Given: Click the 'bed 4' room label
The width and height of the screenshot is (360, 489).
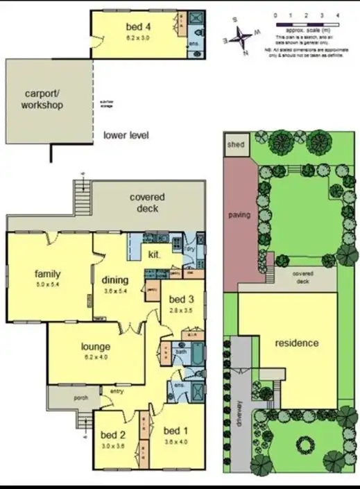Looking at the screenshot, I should coord(139,27).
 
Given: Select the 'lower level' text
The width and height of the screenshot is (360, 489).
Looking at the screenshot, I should coord(126,135).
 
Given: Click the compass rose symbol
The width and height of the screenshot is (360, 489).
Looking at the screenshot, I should coord(242,35).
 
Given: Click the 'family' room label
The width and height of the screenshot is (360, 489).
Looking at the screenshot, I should coord(47,274).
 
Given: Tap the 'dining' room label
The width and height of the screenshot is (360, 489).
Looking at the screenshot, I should coord(116,280).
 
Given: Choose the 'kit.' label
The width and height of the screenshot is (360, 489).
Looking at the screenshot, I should coord(155,255).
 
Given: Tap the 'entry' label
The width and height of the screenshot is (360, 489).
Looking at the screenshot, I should coord(117,391).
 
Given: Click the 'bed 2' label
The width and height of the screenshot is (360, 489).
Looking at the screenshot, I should coord(112,435).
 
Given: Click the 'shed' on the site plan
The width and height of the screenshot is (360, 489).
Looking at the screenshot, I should coord(232,146).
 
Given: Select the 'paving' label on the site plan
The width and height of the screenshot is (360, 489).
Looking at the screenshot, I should coord(239,214).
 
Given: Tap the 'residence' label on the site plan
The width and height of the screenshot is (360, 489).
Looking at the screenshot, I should coord(296,343).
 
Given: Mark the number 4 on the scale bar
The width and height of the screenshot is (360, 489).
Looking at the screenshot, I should coord(338,15).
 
